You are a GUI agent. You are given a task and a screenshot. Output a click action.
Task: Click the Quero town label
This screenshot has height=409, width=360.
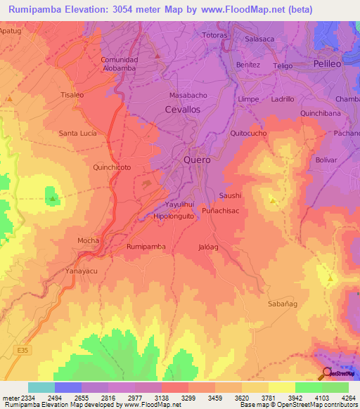pos(197,160)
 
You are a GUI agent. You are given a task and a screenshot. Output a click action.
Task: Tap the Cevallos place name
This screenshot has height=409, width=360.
pos(182,110)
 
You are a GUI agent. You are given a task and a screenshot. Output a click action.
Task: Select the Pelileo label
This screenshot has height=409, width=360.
pos(328,63)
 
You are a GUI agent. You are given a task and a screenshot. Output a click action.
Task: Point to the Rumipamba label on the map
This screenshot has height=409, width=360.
pos(146,247)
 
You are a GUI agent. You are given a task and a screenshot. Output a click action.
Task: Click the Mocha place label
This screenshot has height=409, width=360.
pos(88,240)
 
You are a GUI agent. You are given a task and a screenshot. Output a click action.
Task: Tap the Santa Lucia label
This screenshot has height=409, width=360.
pos(77,133)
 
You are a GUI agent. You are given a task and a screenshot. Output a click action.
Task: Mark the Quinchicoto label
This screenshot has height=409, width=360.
pos(112,168)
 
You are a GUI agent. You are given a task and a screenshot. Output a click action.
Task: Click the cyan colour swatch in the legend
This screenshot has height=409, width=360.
pos(41,387)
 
